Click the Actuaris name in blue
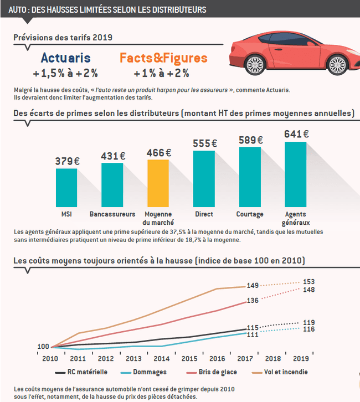(65, 58)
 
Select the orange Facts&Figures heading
(163, 58)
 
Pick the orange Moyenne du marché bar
(158, 183)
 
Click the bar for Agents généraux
(295, 174)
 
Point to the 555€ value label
(204, 143)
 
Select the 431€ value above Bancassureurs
(112, 156)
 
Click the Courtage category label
(250, 214)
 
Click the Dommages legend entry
(145, 372)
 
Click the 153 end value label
(309, 282)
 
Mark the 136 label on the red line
(252, 301)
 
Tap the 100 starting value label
(43, 347)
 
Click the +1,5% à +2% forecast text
(65, 73)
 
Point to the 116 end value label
(309, 329)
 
